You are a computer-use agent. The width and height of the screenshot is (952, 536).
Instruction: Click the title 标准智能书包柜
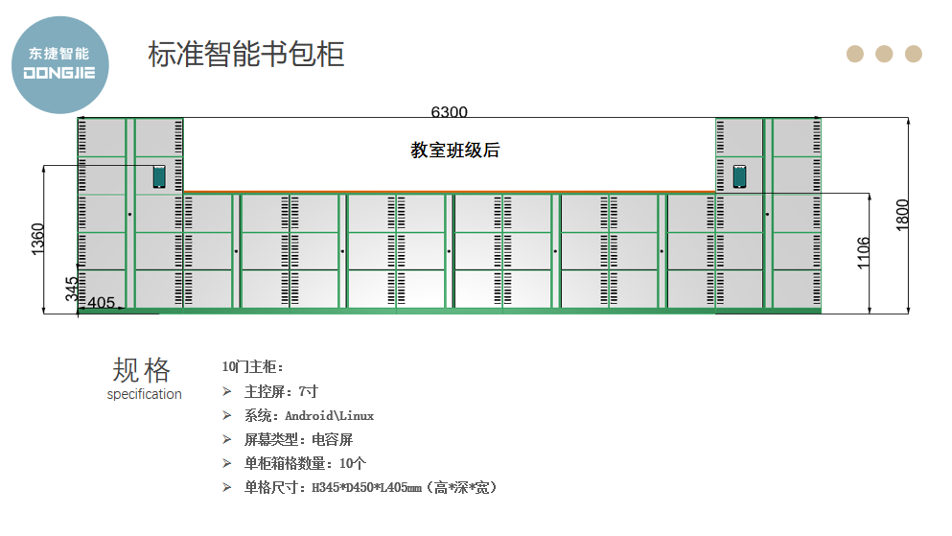pyautogui.click(x=246, y=54)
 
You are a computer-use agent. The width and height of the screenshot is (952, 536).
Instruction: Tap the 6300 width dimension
pyautogui.click(x=449, y=112)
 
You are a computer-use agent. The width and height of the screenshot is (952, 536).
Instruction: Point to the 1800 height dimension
pyautogui.click(x=902, y=214)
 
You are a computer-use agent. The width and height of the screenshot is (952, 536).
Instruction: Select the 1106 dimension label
pyautogui.click(x=864, y=253)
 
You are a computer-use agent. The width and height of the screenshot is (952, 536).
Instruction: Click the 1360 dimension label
pyautogui.click(x=38, y=239)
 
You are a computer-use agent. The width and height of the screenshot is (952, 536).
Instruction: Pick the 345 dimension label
pyautogui.click(x=72, y=290)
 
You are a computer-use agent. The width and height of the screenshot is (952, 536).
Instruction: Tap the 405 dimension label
pyautogui.click(x=101, y=303)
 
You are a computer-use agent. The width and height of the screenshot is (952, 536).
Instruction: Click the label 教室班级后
pyautogui.click(x=455, y=151)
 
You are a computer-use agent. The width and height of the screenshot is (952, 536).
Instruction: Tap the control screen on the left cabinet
pyautogui.click(x=159, y=176)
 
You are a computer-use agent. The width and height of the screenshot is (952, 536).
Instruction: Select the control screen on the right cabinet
pyautogui.click(x=739, y=176)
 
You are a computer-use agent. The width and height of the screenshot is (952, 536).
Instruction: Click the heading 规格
pyautogui.click(x=142, y=370)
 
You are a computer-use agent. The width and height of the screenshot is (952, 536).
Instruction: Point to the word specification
pyautogui.click(x=144, y=394)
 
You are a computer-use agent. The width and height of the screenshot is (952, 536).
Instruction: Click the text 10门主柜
pyautogui.click(x=252, y=366)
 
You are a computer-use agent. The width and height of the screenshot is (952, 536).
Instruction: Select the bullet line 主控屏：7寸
pyautogui.click(x=281, y=391)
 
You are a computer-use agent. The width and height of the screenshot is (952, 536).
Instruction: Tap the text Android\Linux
pyautogui.click(x=329, y=416)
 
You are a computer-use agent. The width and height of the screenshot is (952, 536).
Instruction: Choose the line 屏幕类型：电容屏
pyautogui.click(x=299, y=440)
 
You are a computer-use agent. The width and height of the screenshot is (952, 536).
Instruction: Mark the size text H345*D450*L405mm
pyautogui.click(x=366, y=488)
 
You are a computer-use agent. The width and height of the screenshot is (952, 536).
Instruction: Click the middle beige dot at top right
pyautogui.click(x=884, y=54)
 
